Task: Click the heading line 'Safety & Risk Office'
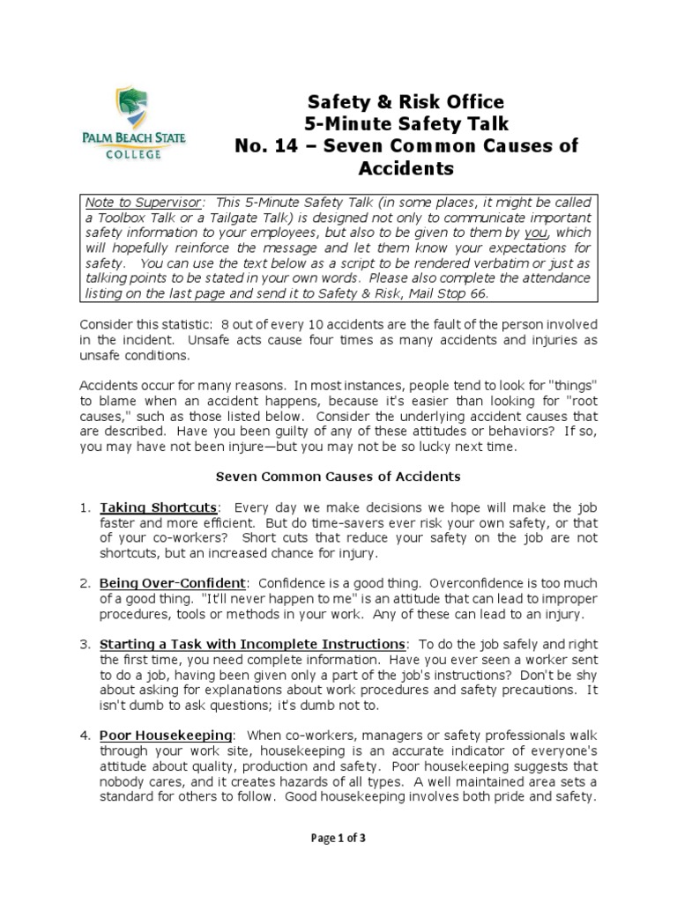pos(405,101)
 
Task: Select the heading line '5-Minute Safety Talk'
pos(405,123)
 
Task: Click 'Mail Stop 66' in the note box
pos(452,293)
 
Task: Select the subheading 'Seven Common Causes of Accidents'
pos(338,477)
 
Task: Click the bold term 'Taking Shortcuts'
pos(158,508)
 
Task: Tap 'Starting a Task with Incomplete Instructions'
pos(253,644)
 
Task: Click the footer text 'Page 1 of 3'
pos(338,839)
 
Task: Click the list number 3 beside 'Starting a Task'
pos(84,644)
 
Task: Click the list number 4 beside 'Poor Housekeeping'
pos(84,734)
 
